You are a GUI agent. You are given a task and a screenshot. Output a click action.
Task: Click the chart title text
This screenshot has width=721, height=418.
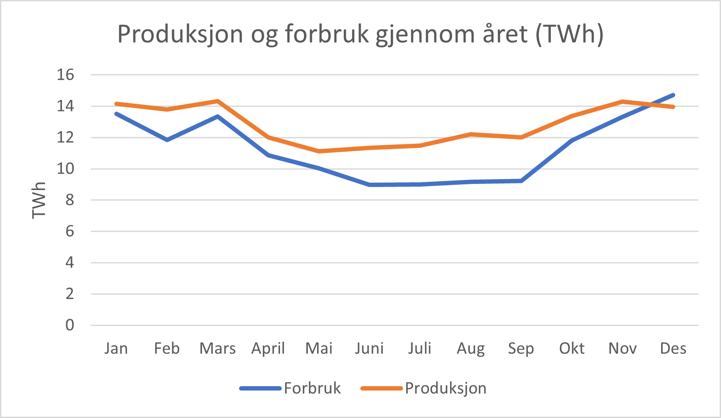[x=360, y=34]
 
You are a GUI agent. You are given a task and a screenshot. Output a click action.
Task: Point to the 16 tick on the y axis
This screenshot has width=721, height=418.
[x=65, y=75]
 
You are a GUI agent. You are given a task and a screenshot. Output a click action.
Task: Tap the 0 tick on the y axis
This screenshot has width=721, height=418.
[x=70, y=325]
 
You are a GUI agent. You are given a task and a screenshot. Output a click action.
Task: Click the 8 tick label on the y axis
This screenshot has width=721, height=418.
[x=70, y=200]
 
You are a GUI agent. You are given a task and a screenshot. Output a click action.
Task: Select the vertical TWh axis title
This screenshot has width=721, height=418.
[x=39, y=200]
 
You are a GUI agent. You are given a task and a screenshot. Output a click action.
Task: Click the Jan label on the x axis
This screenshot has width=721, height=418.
[x=116, y=348]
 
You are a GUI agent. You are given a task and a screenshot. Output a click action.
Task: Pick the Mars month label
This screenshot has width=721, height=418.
[x=217, y=348]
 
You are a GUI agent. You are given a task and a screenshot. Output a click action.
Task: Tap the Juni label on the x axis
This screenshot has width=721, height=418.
[x=369, y=348]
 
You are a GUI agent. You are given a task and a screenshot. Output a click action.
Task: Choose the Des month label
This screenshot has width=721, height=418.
[x=673, y=348]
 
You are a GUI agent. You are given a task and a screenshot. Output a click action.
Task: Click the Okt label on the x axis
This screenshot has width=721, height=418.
[x=572, y=348]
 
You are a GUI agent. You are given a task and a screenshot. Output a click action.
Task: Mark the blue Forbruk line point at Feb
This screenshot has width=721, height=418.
[x=167, y=140]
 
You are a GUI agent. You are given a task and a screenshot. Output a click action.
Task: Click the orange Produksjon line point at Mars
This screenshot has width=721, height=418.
[x=217, y=101]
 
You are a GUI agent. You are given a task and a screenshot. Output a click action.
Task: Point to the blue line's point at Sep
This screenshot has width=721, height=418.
[x=521, y=180]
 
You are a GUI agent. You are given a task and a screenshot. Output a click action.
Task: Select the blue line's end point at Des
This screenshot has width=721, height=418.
[x=673, y=95]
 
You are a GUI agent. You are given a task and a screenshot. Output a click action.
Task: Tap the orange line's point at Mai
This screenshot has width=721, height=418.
[x=319, y=151]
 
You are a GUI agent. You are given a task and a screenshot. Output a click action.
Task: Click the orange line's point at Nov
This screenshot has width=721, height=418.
[x=622, y=102]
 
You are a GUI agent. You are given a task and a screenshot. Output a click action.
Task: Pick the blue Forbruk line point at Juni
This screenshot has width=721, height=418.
[x=369, y=185]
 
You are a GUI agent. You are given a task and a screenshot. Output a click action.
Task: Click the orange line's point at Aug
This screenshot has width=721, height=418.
[x=471, y=134]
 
